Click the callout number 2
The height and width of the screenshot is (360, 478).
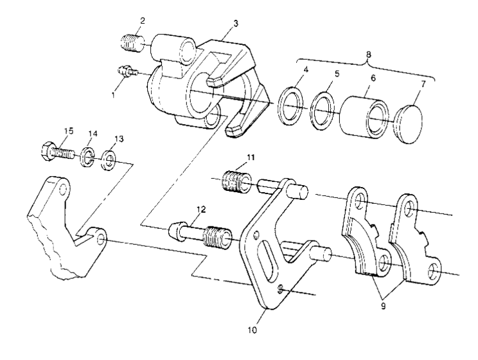(142, 20)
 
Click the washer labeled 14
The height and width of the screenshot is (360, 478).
(88, 158)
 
